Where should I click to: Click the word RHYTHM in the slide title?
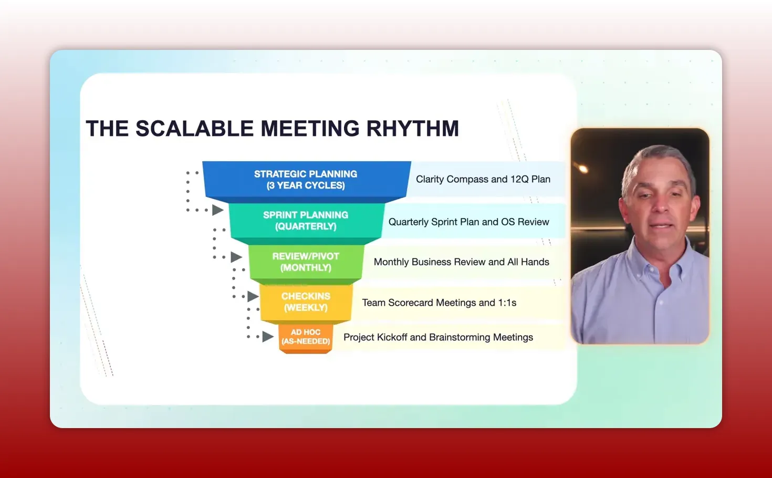[x=412, y=129]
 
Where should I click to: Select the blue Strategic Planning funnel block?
[x=306, y=180]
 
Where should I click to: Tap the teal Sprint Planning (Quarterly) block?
[x=306, y=221]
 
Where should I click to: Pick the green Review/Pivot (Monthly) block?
[x=306, y=262]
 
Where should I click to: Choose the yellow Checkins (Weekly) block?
[x=306, y=302]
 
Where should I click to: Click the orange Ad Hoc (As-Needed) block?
[x=306, y=337]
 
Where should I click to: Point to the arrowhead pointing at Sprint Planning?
[x=217, y=210]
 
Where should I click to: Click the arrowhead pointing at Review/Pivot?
[x=236, y=257]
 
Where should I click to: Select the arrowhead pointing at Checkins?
[x=253, y=297]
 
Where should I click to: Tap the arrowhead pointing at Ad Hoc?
[x=268, y=337]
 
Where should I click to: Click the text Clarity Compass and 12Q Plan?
[x=483, y=179]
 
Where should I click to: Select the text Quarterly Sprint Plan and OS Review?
[x=468, y=222]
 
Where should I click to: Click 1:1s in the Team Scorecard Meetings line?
[x=507, y=303]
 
